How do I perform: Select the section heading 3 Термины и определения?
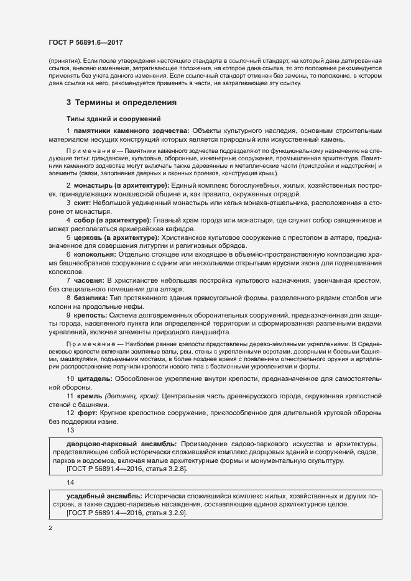(122, 102)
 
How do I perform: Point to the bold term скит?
(83, 203)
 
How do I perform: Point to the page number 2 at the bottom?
(50, 528)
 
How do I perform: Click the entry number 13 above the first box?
(70, 430)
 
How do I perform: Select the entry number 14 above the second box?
(70, 482)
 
